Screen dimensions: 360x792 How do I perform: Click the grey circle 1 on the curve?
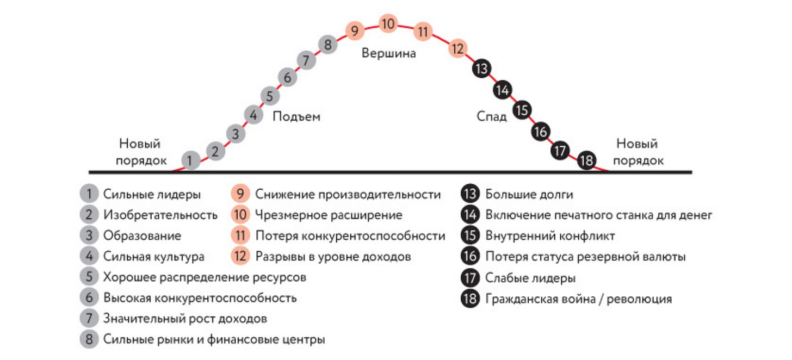pos(190,160)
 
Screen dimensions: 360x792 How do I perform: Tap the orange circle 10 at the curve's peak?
pos(388,24)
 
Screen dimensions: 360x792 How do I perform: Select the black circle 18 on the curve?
pos(586,161)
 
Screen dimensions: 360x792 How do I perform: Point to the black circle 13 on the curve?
pos(481,69)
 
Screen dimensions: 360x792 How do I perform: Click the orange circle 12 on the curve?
pos(458,49)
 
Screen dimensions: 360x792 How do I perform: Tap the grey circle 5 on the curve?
pos(270,96)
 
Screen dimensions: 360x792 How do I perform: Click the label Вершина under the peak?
pos(388,53)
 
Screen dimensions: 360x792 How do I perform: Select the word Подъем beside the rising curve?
pos(296,116)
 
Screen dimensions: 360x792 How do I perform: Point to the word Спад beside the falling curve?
pos(492,116)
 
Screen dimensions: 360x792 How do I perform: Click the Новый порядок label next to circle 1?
pos(140,152)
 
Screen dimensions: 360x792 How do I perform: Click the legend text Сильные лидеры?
pos(152,194)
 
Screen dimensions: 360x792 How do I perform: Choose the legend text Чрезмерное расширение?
pos(329,215)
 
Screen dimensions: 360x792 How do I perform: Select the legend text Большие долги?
pos(529,194)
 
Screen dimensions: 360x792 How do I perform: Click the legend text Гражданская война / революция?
pos(578,299)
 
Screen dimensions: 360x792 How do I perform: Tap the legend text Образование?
pos(142,235)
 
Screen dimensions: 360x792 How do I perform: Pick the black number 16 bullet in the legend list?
pos(469,257)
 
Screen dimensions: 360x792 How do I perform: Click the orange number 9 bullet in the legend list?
pos(240,194)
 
